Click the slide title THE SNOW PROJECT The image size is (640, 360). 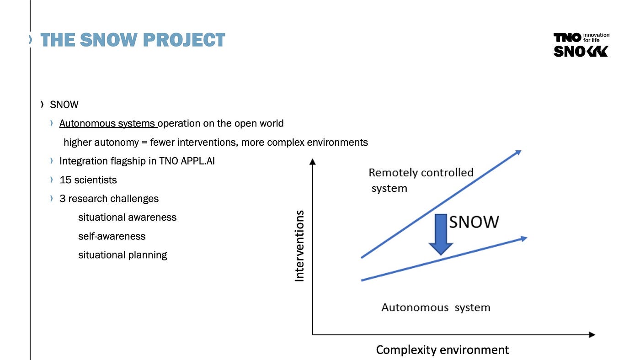point(133,40)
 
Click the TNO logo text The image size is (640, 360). point(567,37)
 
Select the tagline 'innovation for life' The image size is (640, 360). point(597,37)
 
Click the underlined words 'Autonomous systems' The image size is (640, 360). point(108,123)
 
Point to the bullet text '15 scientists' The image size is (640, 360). point(88,180)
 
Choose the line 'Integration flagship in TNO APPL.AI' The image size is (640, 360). point(137,161)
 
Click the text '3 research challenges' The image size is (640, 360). point(109,199)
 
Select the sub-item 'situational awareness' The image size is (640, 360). point(127,217)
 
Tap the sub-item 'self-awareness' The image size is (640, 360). point(112,236)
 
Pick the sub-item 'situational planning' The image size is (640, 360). point(123,255)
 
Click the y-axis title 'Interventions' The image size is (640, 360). point(299,245)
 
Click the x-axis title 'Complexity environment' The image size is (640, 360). point(442,350)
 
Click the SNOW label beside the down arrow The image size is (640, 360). point(474,222)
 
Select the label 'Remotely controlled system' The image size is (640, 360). point(421,180)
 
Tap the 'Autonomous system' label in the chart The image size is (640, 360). point(436,307)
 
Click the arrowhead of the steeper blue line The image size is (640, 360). point(517,153)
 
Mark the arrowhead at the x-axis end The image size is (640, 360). point(592,335)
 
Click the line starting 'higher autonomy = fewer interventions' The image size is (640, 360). point(215,142)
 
